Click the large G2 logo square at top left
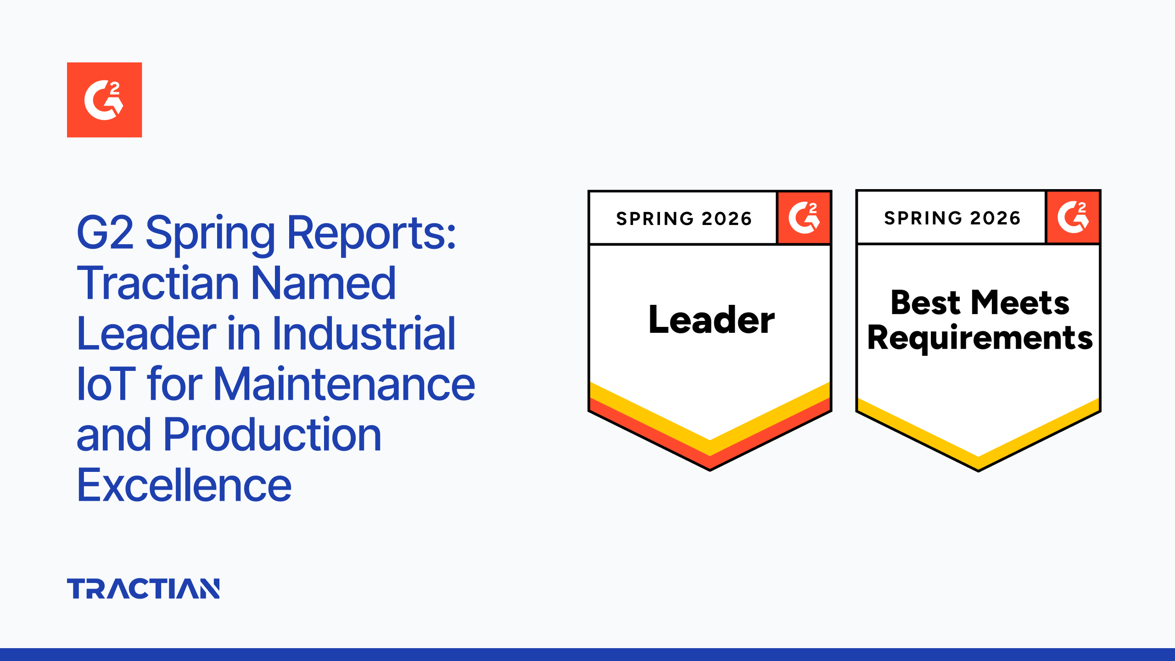104,100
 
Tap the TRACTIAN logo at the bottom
143,588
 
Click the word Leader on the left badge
711,319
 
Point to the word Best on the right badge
925,303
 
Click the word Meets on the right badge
1020,303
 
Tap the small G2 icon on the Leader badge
804,218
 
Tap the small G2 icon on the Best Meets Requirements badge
1073,217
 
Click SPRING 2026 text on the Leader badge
683,218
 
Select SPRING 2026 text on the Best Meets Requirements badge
952,218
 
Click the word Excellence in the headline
184,485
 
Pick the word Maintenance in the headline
344,385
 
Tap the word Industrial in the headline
364,334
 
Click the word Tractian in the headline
157,284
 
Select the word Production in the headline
272,435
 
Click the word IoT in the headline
106,385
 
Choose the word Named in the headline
323,284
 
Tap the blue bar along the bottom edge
587,655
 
